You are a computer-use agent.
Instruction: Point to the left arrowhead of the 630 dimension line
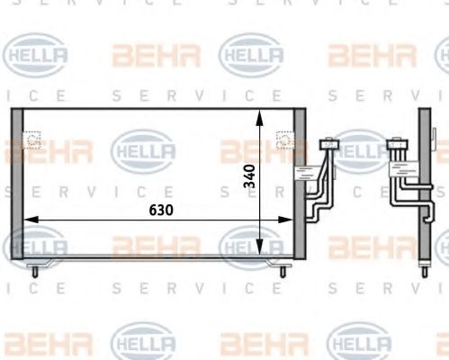pos(28,219)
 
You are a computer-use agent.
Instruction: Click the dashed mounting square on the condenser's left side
pos(33,141)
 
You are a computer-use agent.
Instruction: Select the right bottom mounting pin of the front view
pos(283,267)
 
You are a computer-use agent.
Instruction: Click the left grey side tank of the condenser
pos(17,184)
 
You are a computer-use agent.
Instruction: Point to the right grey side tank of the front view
pos(301,184)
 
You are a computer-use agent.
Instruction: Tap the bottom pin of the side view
pos(426,267)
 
